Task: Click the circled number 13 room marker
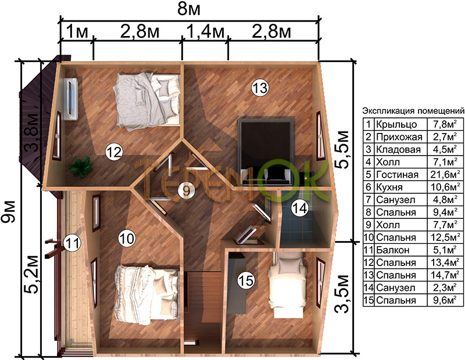(260, 88)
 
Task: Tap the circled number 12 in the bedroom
(114, 152)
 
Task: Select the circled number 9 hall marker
(186, 190)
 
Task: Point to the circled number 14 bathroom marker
(299, 208)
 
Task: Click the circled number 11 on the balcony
(72, 243)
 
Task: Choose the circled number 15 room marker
(246, 280)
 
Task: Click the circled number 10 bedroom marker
(127, 238)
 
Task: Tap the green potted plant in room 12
(80, 167)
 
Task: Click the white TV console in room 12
(71, 99)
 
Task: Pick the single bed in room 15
(287, 286)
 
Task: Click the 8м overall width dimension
(188, 9)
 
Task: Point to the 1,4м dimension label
(205, 31)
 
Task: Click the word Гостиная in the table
(397, 175)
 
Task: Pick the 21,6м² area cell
(445, 174)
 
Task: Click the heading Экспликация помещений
(413, 111)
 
